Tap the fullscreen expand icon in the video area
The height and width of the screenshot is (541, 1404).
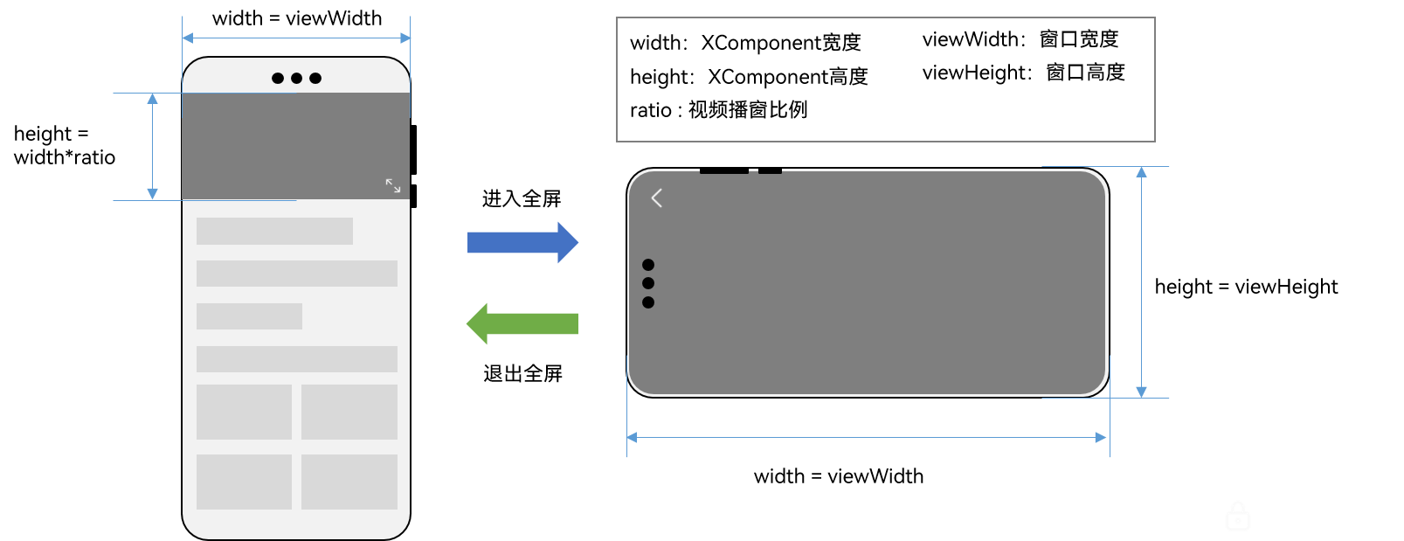[393, 185]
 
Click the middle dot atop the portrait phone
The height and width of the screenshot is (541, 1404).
[297, 78]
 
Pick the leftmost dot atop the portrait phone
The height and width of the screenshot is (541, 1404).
[278, 78]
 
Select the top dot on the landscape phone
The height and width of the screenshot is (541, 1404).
[648, 265]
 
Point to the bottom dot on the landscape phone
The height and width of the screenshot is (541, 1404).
[648, 302]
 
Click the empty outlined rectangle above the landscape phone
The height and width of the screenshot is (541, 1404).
[885, 79]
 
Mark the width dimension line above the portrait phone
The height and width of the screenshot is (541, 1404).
[296, 38]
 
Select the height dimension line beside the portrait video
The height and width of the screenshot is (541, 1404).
[153, 147]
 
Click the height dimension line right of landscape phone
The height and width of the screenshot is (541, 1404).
[1141, 282]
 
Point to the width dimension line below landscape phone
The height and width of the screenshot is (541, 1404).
[867, 437]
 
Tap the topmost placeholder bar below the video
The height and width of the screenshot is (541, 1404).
[274, 231]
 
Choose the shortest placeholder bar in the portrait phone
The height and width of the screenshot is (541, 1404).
[249, 316]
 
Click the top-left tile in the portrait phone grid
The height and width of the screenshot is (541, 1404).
[244, 412]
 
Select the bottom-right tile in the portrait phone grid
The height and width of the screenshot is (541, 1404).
[349, 482]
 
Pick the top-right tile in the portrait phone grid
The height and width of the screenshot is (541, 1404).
[349, 412]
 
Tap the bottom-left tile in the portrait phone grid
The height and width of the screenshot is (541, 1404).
[244, 482]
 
